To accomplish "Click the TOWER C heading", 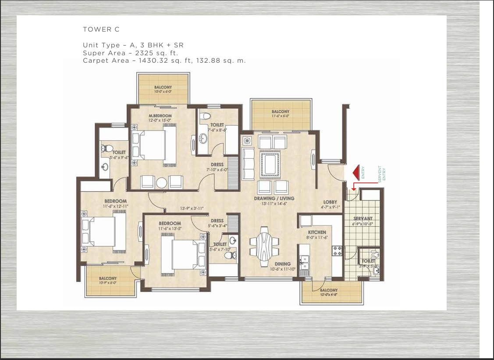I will tap(101, 29).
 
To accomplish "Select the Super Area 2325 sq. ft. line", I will tap(130, 53).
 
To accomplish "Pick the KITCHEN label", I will tap(317, 232).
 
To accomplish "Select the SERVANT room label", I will tap(363, 218).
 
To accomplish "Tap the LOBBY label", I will tap(330, 202).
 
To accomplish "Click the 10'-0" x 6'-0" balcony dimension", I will tap(163, 92).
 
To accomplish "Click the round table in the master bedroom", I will tap(162, 182).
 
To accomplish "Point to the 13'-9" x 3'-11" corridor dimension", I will tap(192, 209).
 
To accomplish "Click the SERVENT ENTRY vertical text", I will tap(382, 174).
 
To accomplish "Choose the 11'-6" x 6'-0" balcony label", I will tap(280, 117).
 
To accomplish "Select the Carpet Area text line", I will tap(164, 61).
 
